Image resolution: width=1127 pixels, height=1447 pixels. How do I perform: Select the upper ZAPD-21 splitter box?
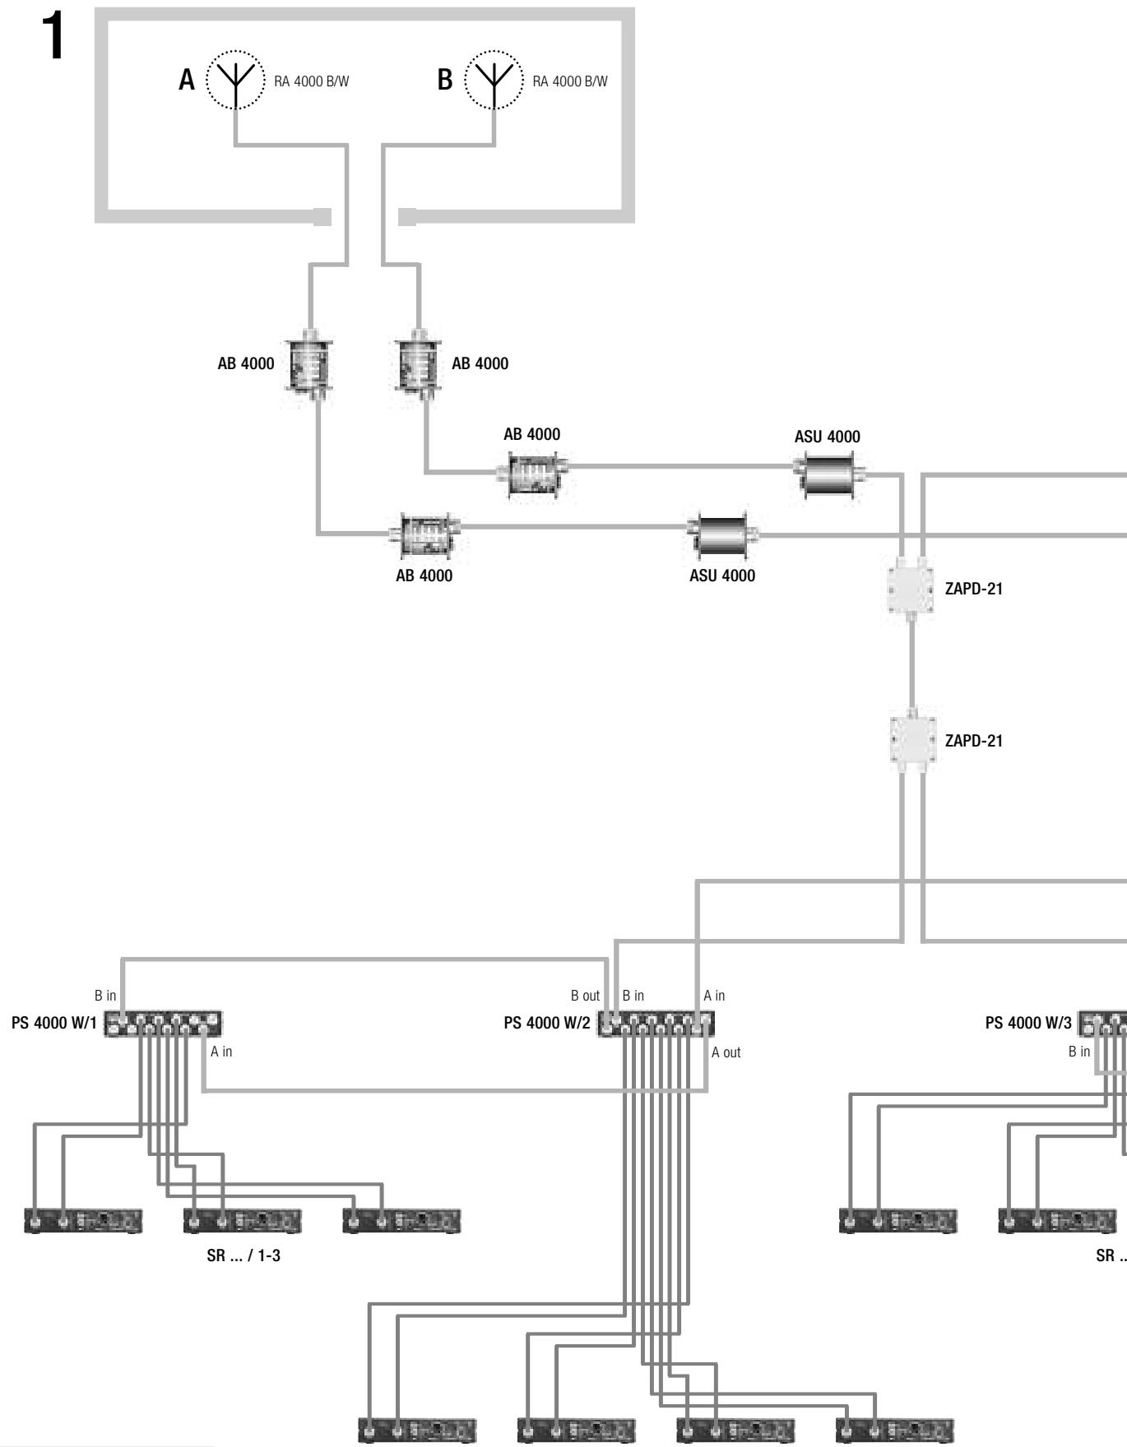pyautogui.click(x=912, y=589)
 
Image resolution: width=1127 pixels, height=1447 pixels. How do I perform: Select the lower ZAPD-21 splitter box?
pyautogui.click(x=912, y=739)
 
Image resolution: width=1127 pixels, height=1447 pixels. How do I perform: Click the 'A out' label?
pyautogui.click(x=726, y=1052)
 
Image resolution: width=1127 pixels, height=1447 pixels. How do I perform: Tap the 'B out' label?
pyautogui.click(x=586, y=996)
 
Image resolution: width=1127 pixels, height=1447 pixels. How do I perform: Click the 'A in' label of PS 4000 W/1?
pyautogui.click(x=222, y=1052)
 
